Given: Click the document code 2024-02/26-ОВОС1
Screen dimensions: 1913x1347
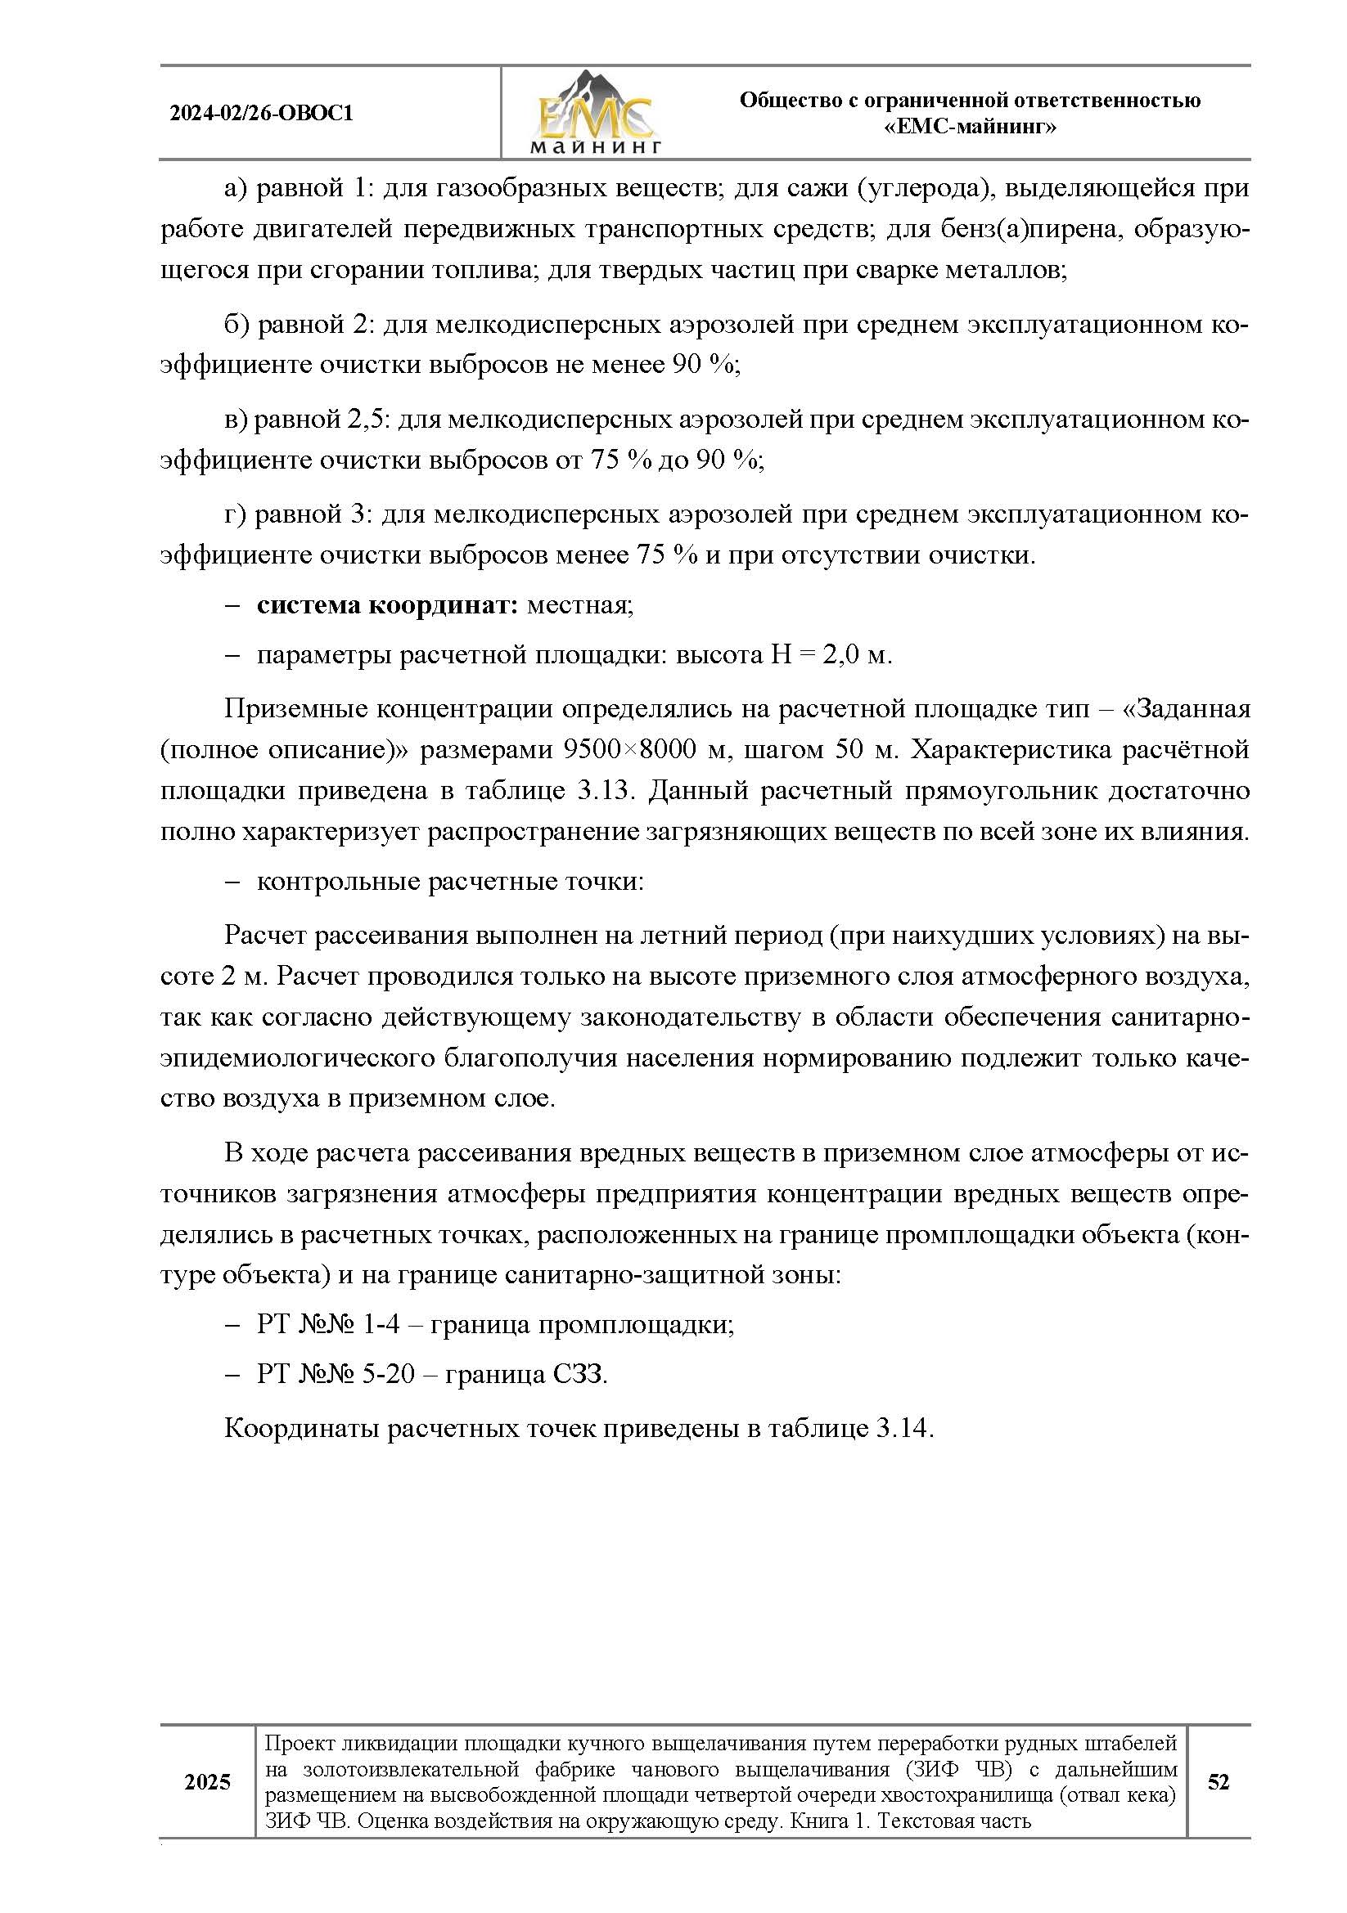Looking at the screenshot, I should point(261,114).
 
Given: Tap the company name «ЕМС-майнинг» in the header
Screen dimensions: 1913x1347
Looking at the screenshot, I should point(970,128).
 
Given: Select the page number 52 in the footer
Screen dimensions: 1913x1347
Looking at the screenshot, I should point(1218,1781).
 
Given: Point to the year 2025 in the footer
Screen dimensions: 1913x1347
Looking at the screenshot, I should point(207,1781).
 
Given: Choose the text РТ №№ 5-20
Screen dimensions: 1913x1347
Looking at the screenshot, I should point(335,1373).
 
